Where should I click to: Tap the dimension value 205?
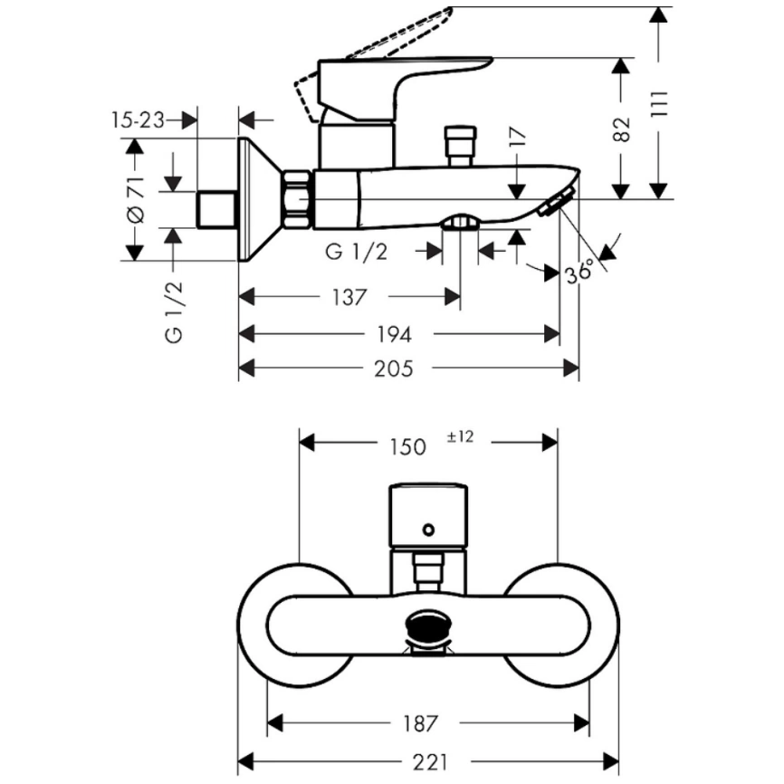point(394,368)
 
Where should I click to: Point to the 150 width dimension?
point(408,445)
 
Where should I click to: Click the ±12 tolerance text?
point(460,437)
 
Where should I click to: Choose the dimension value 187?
point(421,723)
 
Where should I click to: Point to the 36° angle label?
point(580,271)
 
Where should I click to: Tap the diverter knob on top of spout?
point(461,145)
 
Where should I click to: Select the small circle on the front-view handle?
point(429,527)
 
